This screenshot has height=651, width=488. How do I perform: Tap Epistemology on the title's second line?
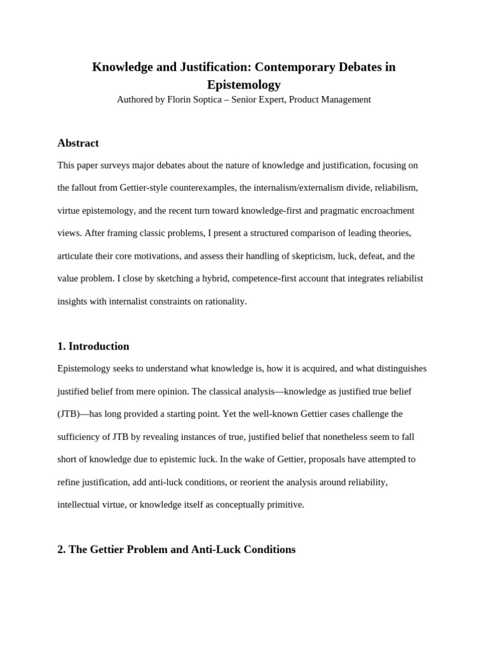coord(244,85)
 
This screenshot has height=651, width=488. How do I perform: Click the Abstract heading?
coord(78,143)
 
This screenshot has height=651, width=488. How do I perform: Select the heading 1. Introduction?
coord(93,346)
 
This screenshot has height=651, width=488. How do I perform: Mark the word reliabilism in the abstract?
coord(394,188)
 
